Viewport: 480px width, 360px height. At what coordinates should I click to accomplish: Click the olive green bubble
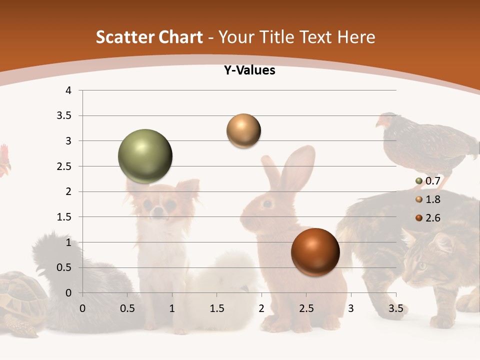pyautogui.click(x=145, y=156)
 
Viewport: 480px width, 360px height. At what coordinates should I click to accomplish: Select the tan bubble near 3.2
pyautogui.click(x=243, y=131)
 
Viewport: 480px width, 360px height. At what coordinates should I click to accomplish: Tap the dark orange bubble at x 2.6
pyautogui.click(x=315, y=252)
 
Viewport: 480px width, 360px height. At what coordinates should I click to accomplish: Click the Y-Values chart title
pyautogui.click(x=249, y=70)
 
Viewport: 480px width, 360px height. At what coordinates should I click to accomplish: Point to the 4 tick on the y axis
pyautogui.click(x=69, y=90)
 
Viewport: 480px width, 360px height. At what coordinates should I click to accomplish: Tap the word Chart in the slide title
pyautogui.click(x=180, y=37)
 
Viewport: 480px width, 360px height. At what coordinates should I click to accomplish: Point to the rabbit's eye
pyautogui.click(x=267, y=203)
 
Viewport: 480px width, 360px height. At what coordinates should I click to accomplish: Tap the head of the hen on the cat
pyautogui.click(x=385, y=121)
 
